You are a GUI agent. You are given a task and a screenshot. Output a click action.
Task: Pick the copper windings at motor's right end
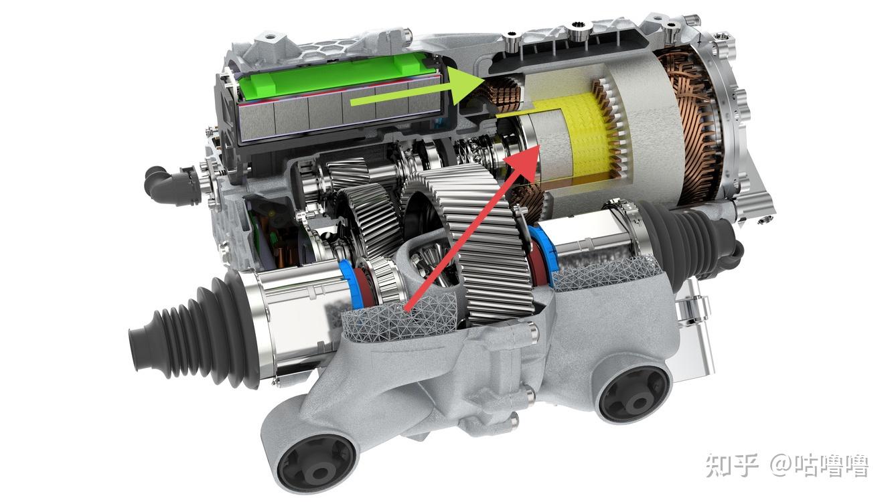click(x=690, y=127)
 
